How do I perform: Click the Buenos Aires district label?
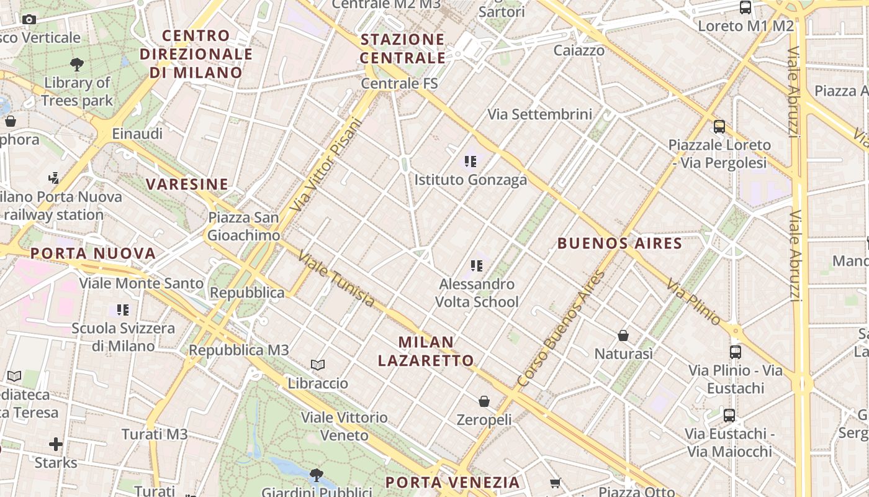click(619, 243)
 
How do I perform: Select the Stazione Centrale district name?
click(403, 48)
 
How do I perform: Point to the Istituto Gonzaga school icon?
click(471, 162)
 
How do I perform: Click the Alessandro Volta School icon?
click(477, 266)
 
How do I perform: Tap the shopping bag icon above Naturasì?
click(623, 335)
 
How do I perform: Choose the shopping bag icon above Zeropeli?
click(484, 401)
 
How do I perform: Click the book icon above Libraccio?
click(318, 365)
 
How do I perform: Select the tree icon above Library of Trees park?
click(77, 63)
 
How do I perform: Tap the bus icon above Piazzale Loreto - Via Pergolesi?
click(719, 127)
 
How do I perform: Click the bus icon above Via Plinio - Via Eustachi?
click(736, 352)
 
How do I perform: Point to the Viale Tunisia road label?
click(336, 278)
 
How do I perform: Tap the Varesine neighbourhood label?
click(187, 184)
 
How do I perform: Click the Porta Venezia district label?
click(452, 482)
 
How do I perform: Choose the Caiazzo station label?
click(579, 50)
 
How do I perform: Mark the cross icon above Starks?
click(56, 444)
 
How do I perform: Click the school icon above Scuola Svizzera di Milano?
click(123, 309)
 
